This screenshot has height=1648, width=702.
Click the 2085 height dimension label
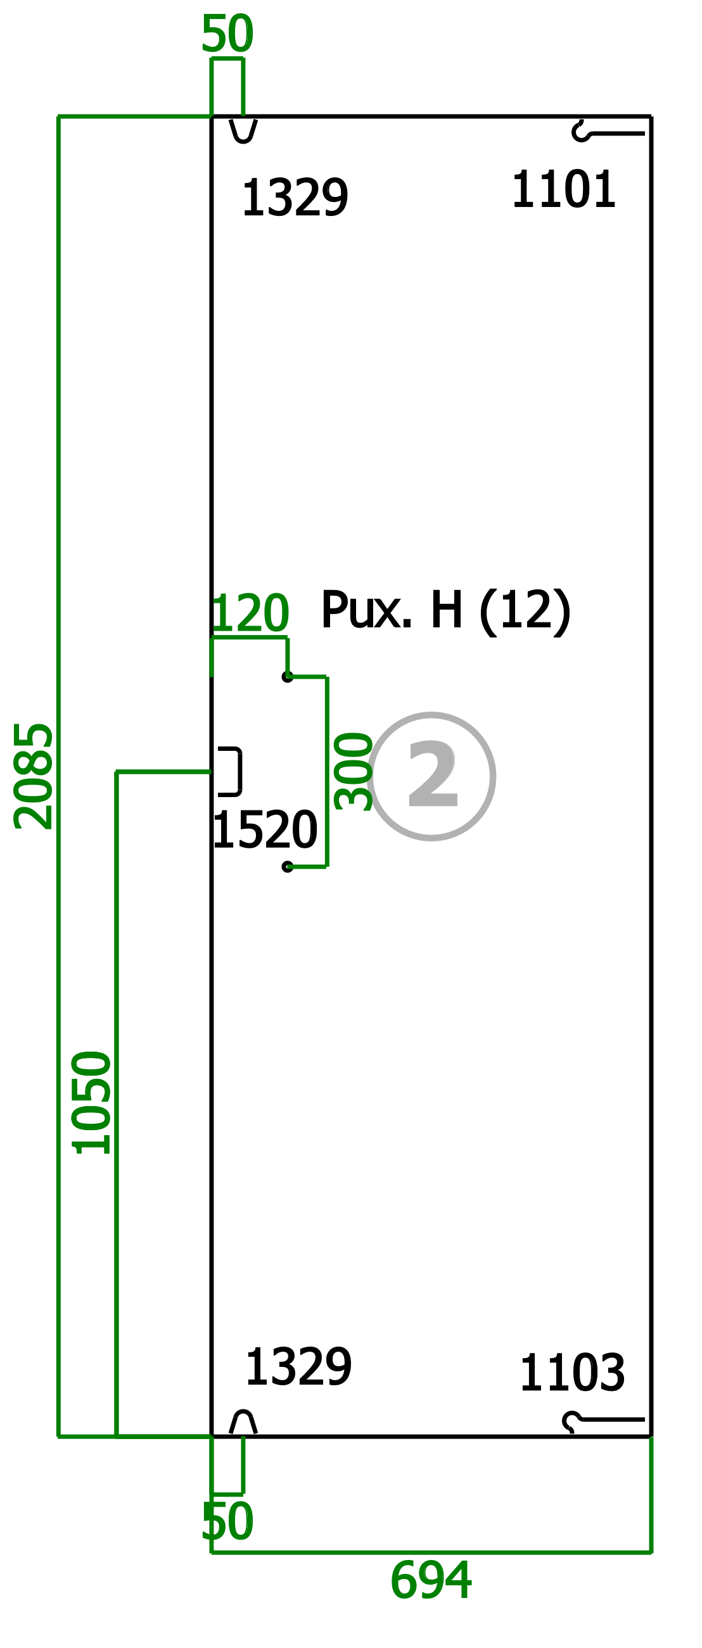34,776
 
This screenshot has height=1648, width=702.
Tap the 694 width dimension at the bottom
431,1581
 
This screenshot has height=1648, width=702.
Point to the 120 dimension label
250,612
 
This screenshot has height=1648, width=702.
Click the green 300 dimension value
354,772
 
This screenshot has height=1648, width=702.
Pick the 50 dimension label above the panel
227,34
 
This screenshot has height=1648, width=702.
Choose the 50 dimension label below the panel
227,1522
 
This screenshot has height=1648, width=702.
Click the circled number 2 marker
431,776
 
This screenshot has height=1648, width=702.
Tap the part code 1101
563,189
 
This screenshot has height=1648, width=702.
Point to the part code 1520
265,830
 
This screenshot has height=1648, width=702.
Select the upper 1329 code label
295,198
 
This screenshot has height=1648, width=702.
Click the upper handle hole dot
288,676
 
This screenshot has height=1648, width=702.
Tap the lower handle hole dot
288,867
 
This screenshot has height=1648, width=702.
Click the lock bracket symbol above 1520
239,771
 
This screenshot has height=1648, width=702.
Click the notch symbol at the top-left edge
243,130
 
